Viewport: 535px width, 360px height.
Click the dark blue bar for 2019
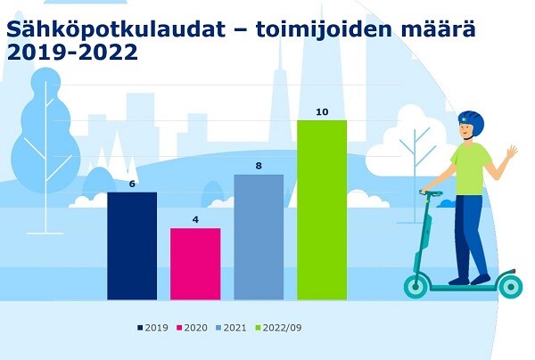point(132,246)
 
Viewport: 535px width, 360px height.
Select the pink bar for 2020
point(195,264)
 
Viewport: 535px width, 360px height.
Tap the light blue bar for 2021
point(259,237)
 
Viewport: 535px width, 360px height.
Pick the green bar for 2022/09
point(322,210)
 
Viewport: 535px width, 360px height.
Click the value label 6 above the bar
point(132,184)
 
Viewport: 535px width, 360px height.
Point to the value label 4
point(195,219)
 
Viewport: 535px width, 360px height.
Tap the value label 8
point(259,166)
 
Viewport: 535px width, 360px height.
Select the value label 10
point(322,111)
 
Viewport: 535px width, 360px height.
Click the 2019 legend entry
point(152,328)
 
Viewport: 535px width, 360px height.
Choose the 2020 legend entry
point(192,328)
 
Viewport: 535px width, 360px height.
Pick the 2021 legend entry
point(231,328)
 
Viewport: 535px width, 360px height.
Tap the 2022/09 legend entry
point(278,328)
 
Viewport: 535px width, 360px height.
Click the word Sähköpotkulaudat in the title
point(116,29)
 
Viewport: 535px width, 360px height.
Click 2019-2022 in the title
point(72,53)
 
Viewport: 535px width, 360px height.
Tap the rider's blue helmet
point(472,123)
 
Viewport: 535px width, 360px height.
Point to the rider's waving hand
point(512,151)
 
